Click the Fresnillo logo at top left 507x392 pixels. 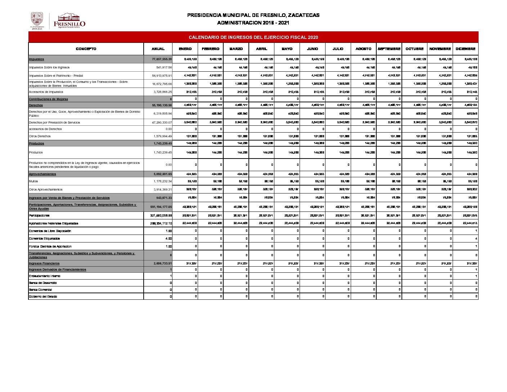(x=69, y=21)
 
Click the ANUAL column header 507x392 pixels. (x=158, y=49)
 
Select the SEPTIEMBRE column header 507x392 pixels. (x=389, y=49)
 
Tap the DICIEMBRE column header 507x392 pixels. (x=465, y=49)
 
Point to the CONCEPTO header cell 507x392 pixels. (x=86, y=49)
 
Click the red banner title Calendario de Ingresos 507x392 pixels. (x=253, y=37)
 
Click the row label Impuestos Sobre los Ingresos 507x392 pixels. (x=49, y=67)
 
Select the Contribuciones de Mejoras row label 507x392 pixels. (x=49, y=99)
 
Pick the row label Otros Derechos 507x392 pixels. (x=40, y=136)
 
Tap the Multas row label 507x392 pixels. (x=33, y=181)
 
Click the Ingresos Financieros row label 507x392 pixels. (x=44, y=263)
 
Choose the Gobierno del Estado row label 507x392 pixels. (x=43, y=297)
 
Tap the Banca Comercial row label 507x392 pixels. (x=41, y=290)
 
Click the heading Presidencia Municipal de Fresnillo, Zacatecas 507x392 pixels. (x=253, y=15)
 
